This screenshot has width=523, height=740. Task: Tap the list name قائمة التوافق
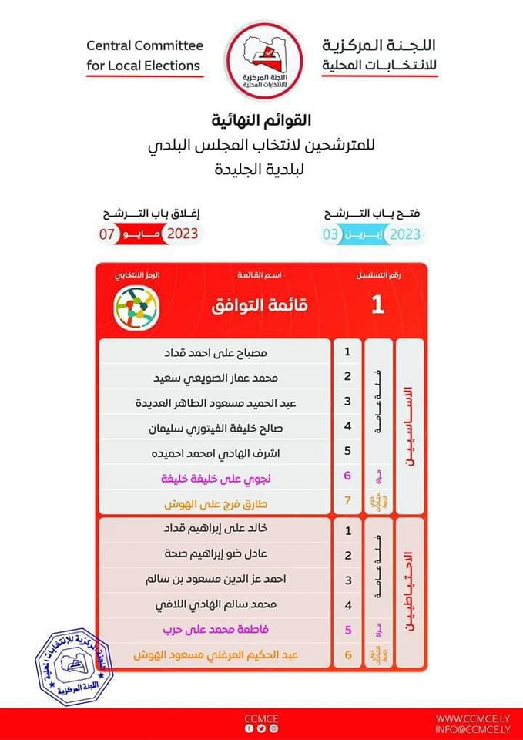pyautogui.click(x=260, y=306)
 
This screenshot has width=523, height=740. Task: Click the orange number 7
pyautogui.click(x=347, y=503)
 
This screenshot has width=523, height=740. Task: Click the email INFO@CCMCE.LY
pyautogui.click(x=471, y=728)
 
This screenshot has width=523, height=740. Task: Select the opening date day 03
pyautogui.click(x=330, y=234)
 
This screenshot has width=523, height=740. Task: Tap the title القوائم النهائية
pyautogui.click(x=261, y=122)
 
